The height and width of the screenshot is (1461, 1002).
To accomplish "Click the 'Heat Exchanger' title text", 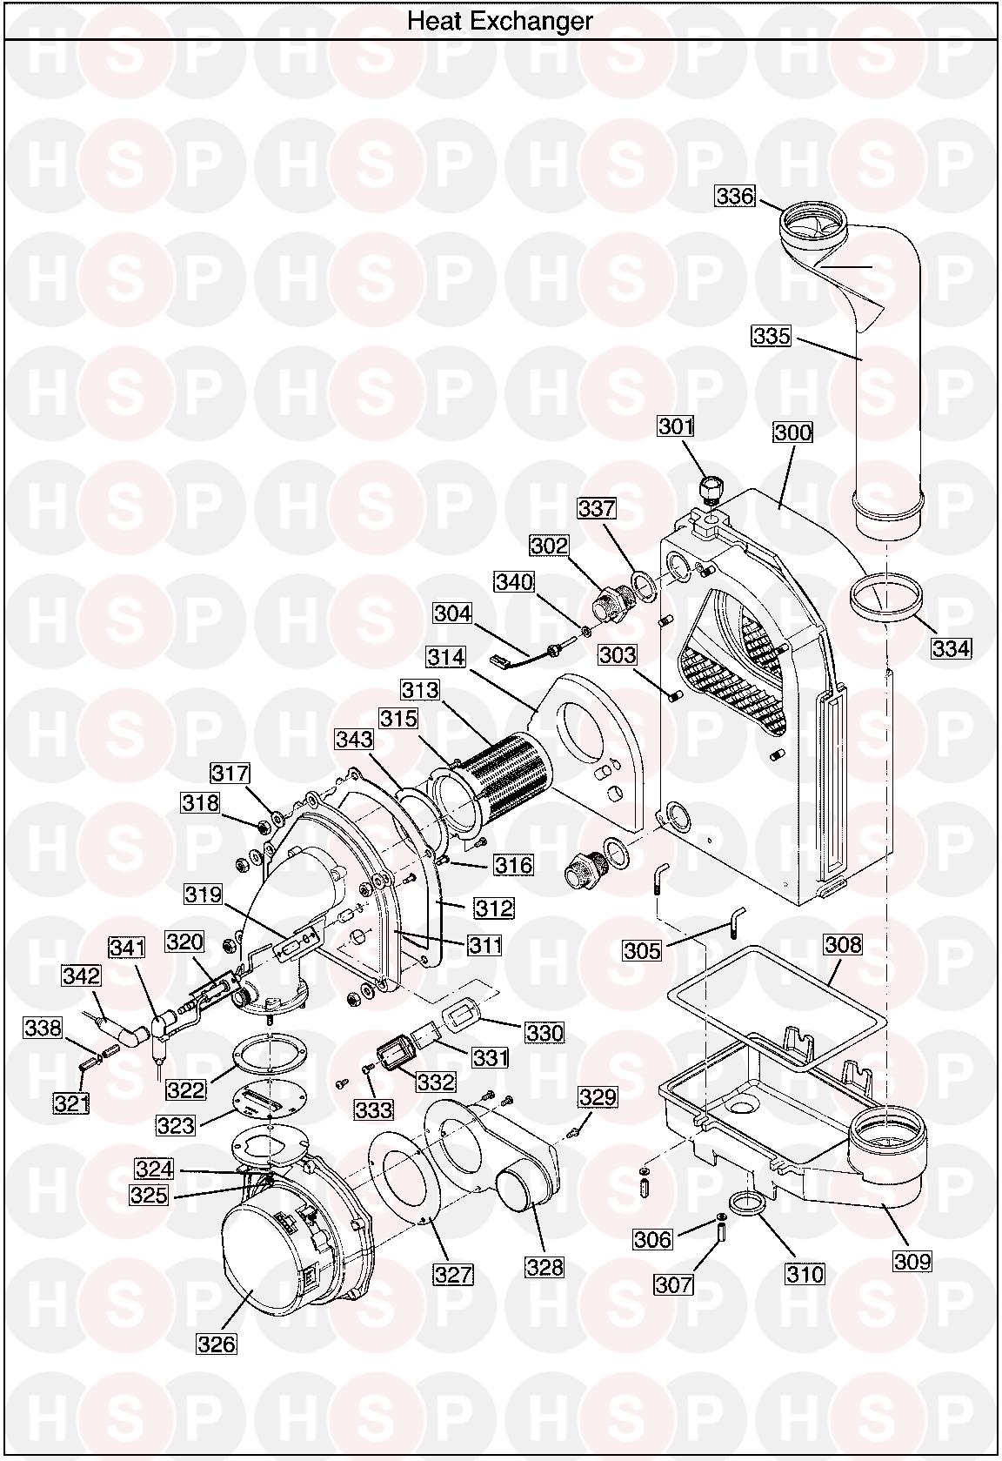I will tap(500, 21).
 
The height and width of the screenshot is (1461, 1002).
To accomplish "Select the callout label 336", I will tap(735, 196).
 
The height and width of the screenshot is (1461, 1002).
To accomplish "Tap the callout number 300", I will tap(792, 432).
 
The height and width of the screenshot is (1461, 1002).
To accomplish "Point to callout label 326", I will tap(217, 1344).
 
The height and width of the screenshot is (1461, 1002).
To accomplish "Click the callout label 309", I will tap(912, 1260).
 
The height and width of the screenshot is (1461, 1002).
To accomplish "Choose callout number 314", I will tap(446, 656).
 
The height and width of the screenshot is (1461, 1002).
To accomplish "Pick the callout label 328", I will tap(545, 1266).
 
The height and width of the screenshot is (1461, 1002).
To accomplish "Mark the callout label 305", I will tap(642, 950).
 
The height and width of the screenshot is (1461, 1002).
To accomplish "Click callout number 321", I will tap(72, 1103).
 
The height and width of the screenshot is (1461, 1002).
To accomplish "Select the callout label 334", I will tap(951, 648).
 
